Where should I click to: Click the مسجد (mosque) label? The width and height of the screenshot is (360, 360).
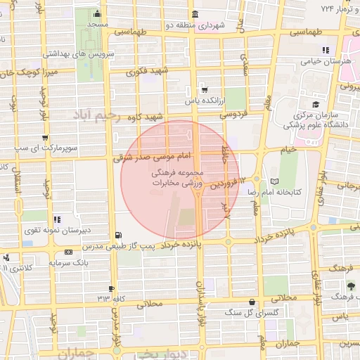96,25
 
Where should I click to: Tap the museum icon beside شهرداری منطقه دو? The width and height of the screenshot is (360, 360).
195,15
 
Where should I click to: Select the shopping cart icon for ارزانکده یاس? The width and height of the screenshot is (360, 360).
204,90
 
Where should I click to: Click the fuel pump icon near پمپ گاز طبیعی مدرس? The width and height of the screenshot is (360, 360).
117,236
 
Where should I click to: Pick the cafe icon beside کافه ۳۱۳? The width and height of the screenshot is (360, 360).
112,289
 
